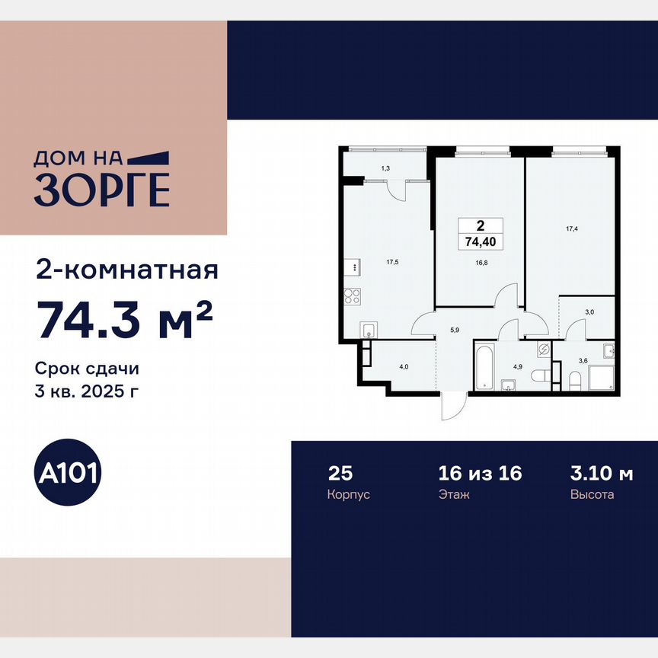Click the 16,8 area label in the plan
pyautogui.click(x=479, y=265)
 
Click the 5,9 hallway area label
pyautogui.click(x=455, y=331)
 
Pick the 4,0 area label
pyautogui.click(x=404, y=366)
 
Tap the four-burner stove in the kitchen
pyautogui.click(x=352, y=295)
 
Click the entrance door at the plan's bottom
pyautogui.click(x=452, y=404)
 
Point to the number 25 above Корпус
pyautogui.click(x=340, y=473)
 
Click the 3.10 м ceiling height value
pyautogui.click(x=601, y=473)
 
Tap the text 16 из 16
pyautogui.click(x=480, y=473)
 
